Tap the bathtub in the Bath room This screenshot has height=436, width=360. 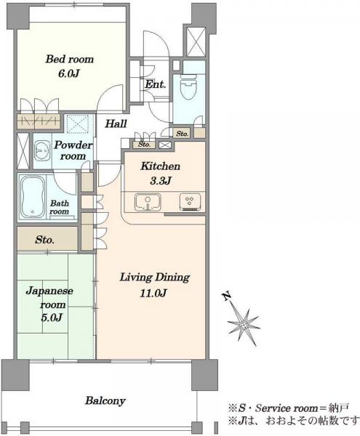[x=32, y=197]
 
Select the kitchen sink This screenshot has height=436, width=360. [x=148, y=202]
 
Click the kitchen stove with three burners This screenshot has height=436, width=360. [x=191, y=202]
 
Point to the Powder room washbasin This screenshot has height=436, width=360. [x=43, y=150]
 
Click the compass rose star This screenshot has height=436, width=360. [x=244, y=324]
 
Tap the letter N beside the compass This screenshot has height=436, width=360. [x=227, y=296]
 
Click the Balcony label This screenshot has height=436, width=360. [x=105, y=400]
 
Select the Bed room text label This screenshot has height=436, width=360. [x=70, y=59]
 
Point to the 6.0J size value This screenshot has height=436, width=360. [x=69, y=73]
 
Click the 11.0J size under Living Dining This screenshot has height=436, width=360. [x=153, y=293]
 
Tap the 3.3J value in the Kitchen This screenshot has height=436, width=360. [x=161, y=181]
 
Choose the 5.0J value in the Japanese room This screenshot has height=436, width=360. [x=52, y=318]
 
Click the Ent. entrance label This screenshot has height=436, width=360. [x=155, y=84]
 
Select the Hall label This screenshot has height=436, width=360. [x=116, y=124]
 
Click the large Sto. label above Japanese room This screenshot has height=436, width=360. [x=44, y=240]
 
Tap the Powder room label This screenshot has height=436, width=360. [x=73, y=150]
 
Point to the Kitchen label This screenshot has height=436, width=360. [x=161, y=166]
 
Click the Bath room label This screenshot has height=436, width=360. [x=59, y=207]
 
